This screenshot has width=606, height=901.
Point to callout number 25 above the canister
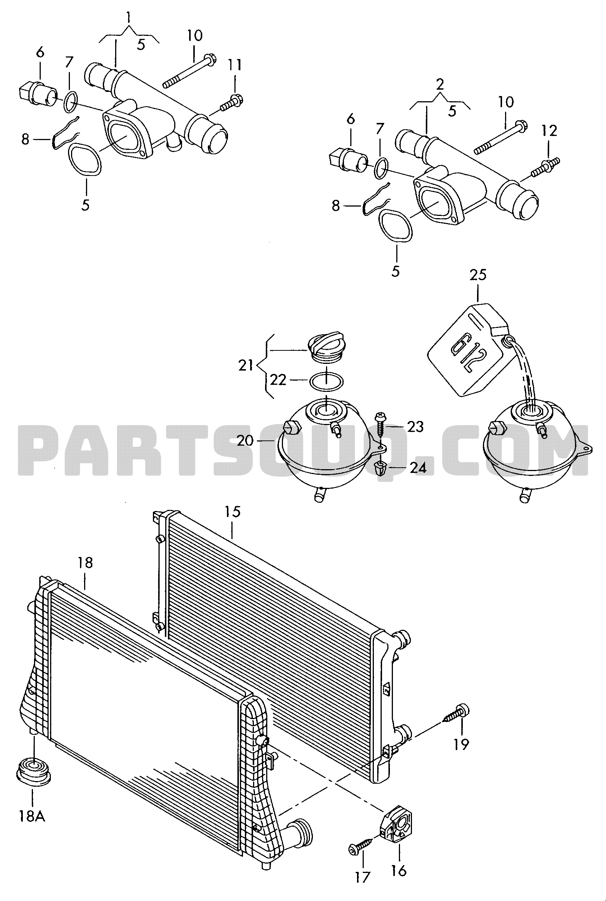click(478, 275)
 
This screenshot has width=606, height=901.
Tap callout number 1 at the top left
click(129, 16)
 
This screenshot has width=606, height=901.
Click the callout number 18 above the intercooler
click(85, 563)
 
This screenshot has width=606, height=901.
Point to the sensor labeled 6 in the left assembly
click(37, 93)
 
